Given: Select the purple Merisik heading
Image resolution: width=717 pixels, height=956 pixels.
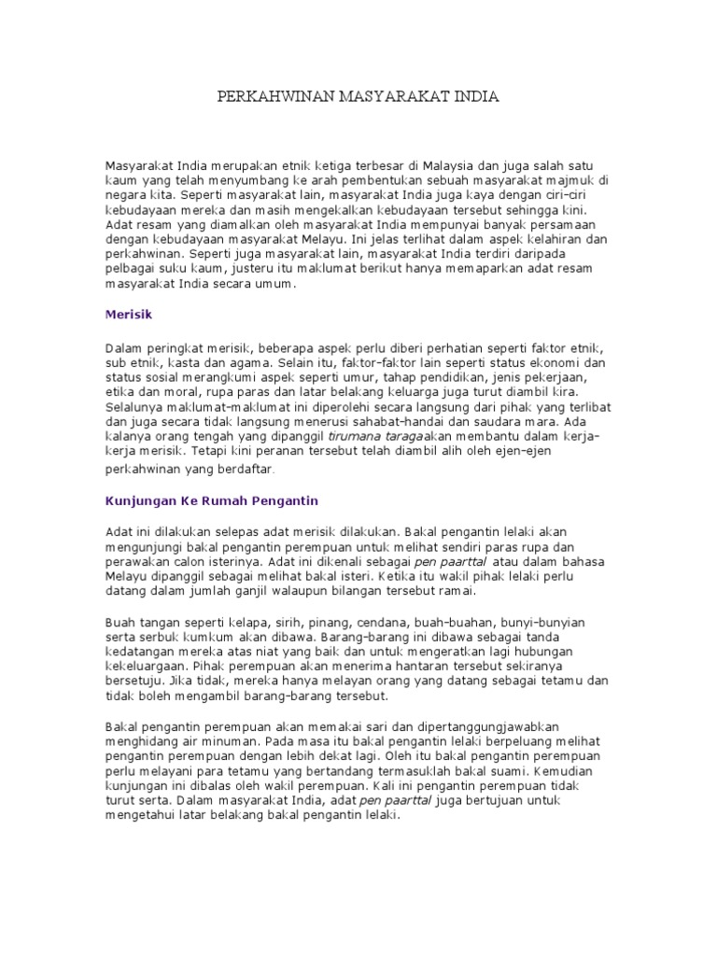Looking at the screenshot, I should [x=128, y=316].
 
